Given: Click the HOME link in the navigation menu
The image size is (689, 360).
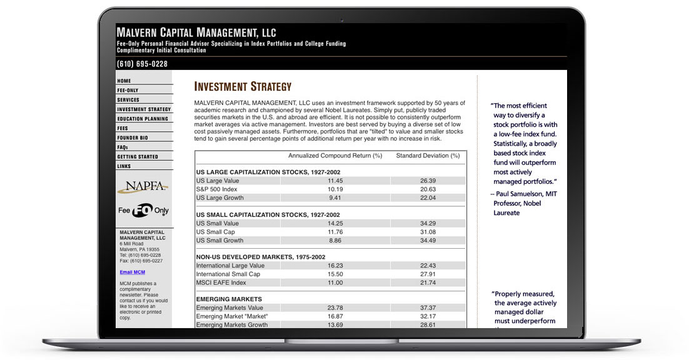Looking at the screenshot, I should (124, 81).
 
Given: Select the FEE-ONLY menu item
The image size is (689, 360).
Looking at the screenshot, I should (128, 90).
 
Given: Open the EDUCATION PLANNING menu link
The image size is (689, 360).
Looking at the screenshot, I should (143, 119).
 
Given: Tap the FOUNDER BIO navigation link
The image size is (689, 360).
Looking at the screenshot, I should (133, 137).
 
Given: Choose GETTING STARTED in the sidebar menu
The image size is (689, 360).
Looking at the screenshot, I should (138, 157).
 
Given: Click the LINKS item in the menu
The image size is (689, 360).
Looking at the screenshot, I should (124, 166).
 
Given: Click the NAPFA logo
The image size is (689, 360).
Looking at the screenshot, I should (143, 186).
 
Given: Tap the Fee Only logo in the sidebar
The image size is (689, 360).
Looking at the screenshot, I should (143, 211).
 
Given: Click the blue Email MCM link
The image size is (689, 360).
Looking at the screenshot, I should (133, 272).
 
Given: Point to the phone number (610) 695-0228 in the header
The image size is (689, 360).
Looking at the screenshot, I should (142, 64).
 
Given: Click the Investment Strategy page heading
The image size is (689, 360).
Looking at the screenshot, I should (243, 87).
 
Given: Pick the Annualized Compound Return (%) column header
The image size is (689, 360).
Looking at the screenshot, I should (335, 156).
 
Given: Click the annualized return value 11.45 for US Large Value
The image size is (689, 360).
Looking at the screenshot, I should (335, 181).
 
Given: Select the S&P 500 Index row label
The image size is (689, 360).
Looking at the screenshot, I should (217, 189).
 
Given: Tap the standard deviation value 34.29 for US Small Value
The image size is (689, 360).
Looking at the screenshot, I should (428, 223).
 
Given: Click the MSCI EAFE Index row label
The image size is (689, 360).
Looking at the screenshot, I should (221, 282).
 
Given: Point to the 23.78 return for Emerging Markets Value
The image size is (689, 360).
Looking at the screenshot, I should (335, 307).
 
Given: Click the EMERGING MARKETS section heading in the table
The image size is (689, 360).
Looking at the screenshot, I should (229, 299).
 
